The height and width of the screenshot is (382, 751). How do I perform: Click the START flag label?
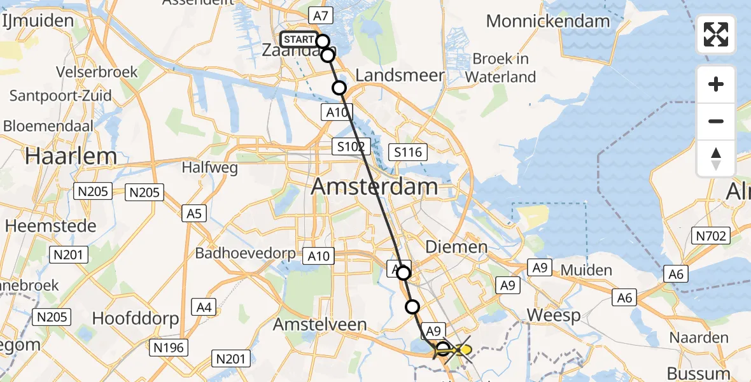point(298,39)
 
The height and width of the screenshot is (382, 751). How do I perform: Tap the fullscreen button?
point(716,34)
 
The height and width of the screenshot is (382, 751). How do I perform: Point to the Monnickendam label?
point(548,21)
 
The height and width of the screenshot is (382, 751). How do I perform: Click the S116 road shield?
point(408,152)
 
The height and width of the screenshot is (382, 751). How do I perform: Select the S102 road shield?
point(351,147)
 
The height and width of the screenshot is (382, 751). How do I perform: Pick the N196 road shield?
point(168,347)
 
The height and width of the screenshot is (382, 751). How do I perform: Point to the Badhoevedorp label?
point(245,253)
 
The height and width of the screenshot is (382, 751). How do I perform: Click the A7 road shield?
point(321,15)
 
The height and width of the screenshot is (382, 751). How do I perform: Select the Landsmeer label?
point(400,75)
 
